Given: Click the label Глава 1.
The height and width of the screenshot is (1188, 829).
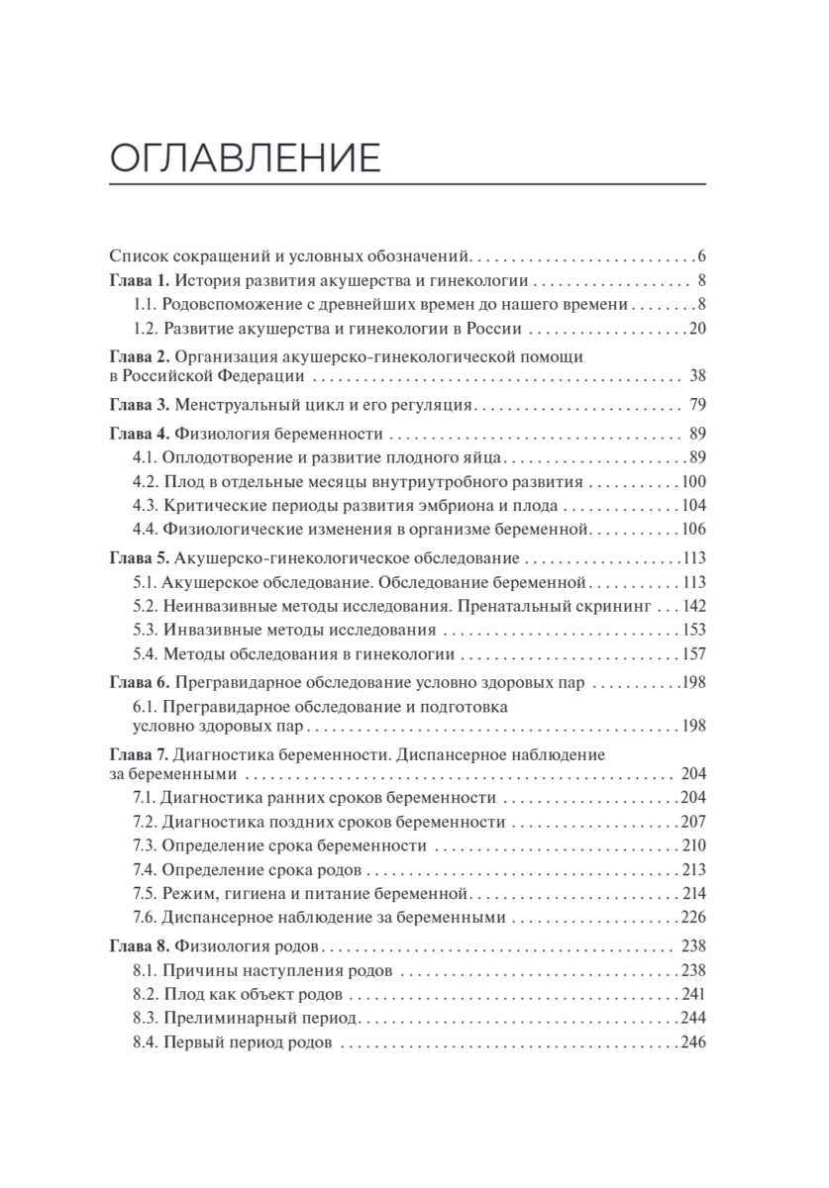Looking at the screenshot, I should click(x=141, y=280).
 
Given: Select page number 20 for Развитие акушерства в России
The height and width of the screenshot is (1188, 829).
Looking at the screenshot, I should click(x=695, y=329).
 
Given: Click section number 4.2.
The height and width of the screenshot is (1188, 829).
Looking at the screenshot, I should click(x=145, y=481).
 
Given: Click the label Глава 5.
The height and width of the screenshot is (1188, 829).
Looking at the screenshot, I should click(x=141, y=556).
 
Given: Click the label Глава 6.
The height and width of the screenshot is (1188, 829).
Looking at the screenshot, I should click(x=141, y=683).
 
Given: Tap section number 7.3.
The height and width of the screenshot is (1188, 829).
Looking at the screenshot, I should click(x=145, y=845).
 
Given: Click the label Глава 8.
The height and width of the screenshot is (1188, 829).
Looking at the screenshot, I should click(x=141, y=944).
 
